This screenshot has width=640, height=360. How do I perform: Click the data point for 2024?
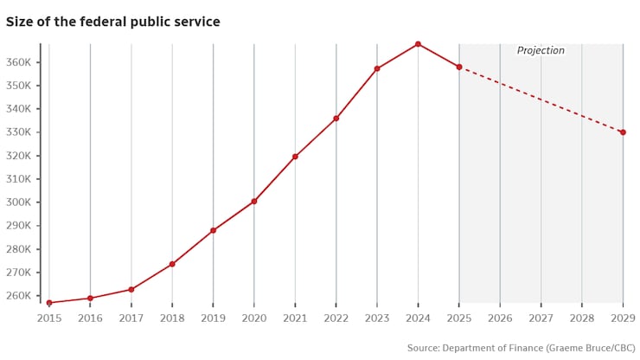pos(418,44)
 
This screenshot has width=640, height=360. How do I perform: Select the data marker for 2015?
pos(49,303)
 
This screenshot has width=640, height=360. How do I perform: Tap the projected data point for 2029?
pos(623,132)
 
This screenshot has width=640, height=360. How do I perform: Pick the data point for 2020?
pos(254,201)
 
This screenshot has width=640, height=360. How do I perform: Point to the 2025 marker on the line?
pos(459,67)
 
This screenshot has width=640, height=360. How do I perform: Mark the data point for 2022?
pos(336,119)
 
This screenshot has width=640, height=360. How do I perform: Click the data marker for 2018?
pos(172,264)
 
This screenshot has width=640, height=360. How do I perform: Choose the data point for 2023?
pos(377,68)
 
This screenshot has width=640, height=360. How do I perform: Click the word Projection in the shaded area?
pos(541,51)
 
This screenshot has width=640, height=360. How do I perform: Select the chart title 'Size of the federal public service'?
pos(113,22)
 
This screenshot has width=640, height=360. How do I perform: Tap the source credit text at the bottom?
pos(521,348)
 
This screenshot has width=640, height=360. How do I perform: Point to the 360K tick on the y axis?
pos(19,63)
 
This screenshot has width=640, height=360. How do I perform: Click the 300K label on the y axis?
pos(19,202)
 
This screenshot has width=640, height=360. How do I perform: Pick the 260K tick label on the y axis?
pos(19,296)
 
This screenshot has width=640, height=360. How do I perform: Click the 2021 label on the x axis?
pos(295,318)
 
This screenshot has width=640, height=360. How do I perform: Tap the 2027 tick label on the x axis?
pos(541,318)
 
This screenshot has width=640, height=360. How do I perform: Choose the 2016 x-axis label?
pos(90,318)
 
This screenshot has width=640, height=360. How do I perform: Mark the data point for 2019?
pos(213,230)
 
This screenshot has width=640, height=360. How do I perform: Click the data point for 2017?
pos(131,289)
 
